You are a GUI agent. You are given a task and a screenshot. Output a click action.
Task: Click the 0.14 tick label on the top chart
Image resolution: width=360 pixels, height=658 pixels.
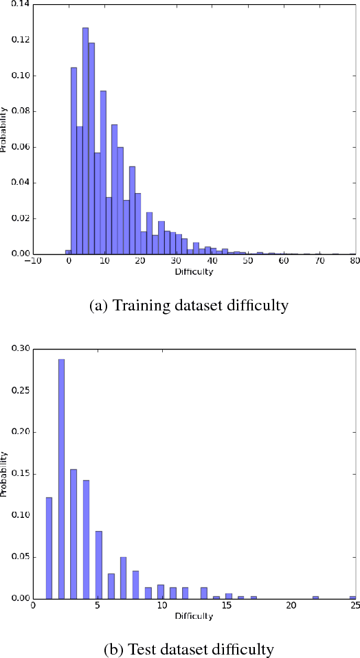[19, 4]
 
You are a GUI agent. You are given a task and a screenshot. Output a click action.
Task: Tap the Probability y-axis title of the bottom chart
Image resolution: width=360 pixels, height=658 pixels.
[4, 473]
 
